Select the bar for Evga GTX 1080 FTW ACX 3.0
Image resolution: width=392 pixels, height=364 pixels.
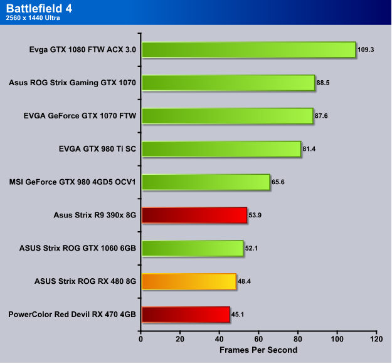pyautogui.click(x=248, y=49)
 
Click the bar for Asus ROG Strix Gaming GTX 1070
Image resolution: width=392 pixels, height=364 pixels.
pyautogui.click(x=228, y=83)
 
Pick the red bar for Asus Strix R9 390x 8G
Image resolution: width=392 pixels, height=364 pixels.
pyautogui.click(x=194, y=216)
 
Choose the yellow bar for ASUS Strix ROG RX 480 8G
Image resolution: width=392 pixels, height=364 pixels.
pyautogui.click(x=189, y=281)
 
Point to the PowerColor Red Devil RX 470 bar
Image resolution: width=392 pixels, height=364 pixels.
pyautogui.click(x=186, y=315)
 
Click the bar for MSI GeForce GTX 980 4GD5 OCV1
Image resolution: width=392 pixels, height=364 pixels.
pyautogui.click(x=206, y=182)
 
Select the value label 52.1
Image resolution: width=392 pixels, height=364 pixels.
pyautogui.click(x=252, y=249)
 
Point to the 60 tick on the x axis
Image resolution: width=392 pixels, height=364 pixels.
pyautogui.click(x=258, y=339)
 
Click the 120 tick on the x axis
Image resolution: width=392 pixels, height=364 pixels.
pyautogui.click(x=376, y=339)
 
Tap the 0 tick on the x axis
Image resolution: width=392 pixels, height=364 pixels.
pyautogui.click(x=141, y=339)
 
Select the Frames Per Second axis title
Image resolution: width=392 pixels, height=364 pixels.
pyautogui.click(x=258, y=350)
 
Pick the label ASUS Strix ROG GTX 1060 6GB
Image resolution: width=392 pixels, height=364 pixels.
pyautogui.click(x=78, y=249)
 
